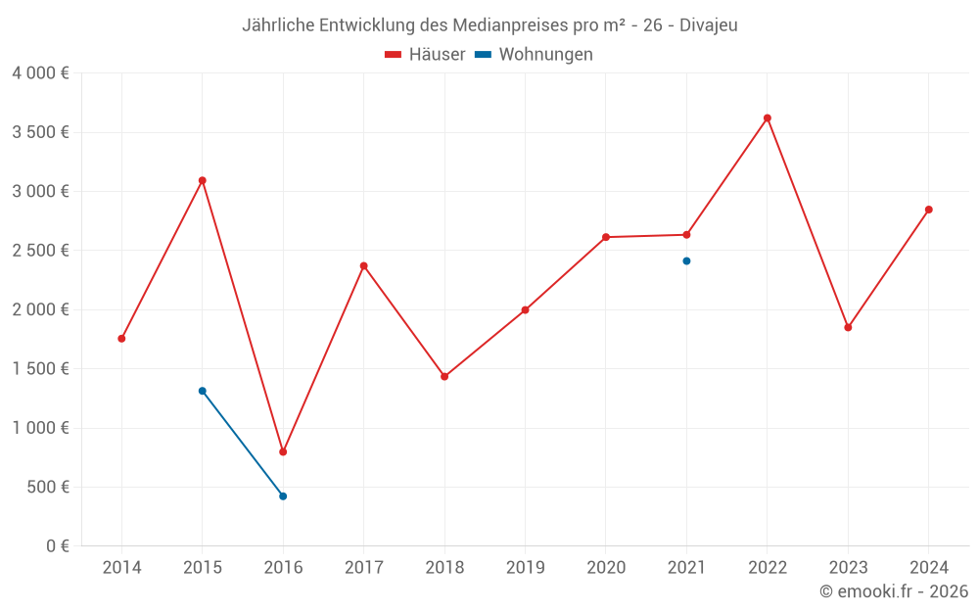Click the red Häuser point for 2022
point(768,118)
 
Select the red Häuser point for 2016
point(283,452)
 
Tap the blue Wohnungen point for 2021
point(686,261)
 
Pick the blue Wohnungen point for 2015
point(203,391)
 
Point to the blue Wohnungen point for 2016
point(283,496)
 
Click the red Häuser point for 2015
point(203,180)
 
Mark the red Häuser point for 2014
point(121,339)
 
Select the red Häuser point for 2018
point(444,376)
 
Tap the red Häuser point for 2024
point(929,210)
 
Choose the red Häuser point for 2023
point(848,327)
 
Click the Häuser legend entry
point(425,55)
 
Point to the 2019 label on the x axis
point(525,568)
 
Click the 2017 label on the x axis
point(363,568)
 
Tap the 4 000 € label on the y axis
point(40,73)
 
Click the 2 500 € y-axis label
point(40,251)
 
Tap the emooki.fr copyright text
point(894,591)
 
